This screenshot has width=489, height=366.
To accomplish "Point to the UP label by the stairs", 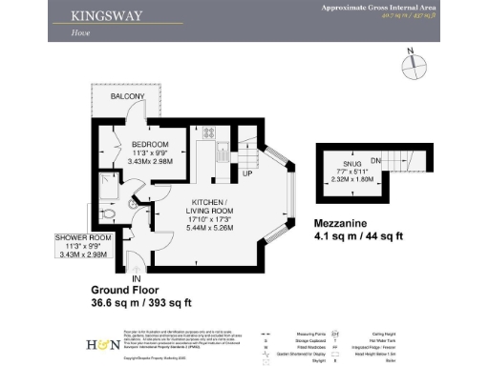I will click(x=246, y=174).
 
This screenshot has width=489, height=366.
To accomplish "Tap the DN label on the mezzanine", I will click(x=376, y=161).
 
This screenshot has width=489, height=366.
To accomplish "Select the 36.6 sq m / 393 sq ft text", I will click(x=140, y=303).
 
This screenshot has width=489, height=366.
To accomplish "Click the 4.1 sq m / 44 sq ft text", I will click(x=358, y=236).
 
